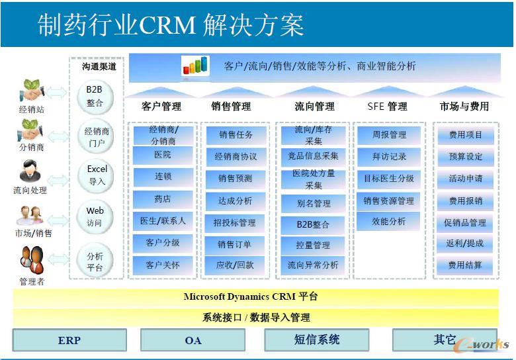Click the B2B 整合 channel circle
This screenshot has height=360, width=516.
(x=95, y=96)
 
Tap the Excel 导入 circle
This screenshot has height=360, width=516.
(x=97, y=175)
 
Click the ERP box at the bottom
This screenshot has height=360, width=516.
(x=69, y=340)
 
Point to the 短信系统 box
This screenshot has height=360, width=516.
(x=316, y=340)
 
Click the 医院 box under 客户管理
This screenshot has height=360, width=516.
(x=163, y=155)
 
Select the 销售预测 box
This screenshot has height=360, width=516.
(x=235, y=179)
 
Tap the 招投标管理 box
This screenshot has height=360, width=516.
(x=235, y=223)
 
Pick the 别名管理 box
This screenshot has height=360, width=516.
(x=313, y=203)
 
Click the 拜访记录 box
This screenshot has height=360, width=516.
(x=390, y=157)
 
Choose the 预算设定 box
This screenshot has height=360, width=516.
(x=466, y=157)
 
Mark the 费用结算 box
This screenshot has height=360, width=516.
(x=466, y=265)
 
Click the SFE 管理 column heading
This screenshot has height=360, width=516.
(x=387, y=106)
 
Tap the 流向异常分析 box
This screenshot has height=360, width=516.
(x=313, y=265)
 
